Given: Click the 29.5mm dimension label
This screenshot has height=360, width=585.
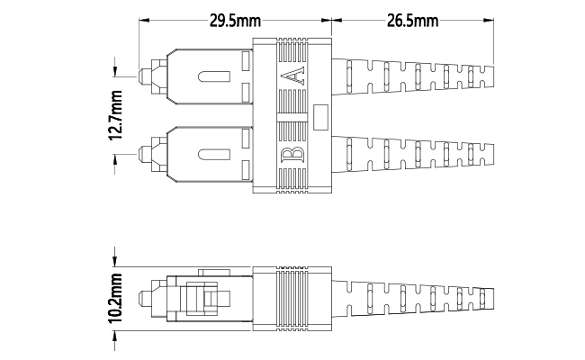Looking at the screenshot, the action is coord(235,21).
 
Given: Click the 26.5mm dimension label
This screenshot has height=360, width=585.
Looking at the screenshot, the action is coord(412,21).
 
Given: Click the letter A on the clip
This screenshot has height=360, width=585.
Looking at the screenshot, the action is coord(292,76).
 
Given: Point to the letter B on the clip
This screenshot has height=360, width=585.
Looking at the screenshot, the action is coord(292,154).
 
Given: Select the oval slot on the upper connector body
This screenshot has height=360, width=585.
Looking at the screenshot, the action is coord(214,76).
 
